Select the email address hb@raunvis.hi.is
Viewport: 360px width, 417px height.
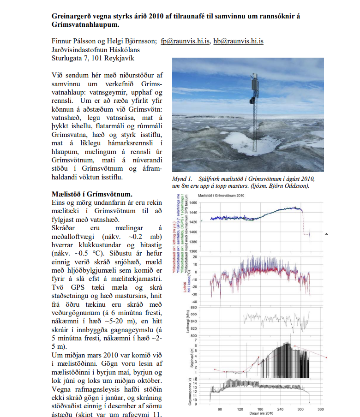[x=238, y=41]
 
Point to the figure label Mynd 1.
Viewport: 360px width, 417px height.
[x=182, y=179]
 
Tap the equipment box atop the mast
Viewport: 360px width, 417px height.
[x=252, y=79]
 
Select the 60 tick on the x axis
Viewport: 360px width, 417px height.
[x=220, y=409]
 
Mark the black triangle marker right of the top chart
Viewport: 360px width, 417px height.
[x=326, y=234]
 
